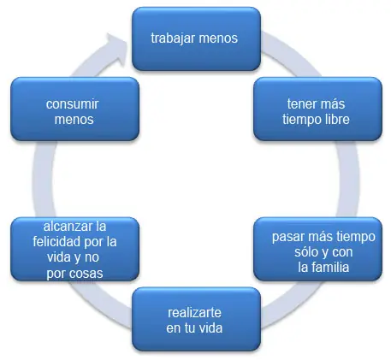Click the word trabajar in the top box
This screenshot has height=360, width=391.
point(173,38)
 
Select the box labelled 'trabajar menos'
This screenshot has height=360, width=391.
point(196,38)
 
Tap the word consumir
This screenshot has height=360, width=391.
point(73,104)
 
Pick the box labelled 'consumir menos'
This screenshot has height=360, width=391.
point(74,109)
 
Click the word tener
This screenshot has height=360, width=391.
point(300,104)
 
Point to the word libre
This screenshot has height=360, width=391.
point(337,119)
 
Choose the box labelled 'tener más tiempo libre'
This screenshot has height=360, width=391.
point(317,109)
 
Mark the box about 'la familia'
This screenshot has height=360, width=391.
point(317,249)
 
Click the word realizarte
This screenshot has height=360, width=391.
point(194,313)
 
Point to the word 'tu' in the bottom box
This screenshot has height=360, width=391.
point(188,328)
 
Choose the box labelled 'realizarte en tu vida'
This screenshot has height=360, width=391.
point(196,319)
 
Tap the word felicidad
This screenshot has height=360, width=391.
point(57,242)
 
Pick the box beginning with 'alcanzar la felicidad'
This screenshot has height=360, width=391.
point(74,249)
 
